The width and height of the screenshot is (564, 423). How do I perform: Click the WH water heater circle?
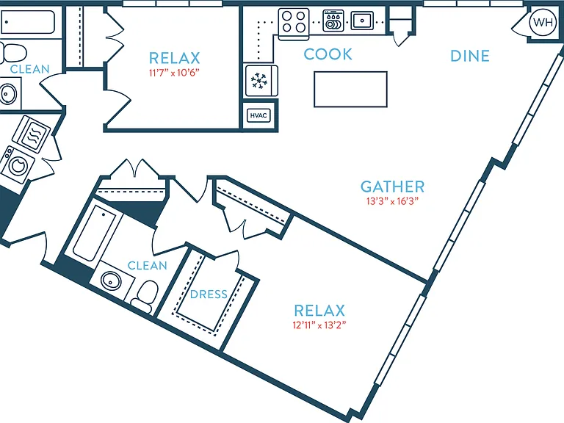(543, 22)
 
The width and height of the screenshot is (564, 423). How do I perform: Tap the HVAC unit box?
(258, 115)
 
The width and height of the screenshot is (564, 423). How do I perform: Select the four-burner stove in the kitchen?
(294, 22)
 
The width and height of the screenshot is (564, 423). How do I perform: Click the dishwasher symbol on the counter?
(333, 21)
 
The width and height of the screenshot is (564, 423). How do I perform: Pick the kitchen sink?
(362, 20)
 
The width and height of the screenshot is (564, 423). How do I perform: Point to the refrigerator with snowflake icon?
(261, 81)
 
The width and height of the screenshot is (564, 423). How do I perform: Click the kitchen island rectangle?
(351, 89)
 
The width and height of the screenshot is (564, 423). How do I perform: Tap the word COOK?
(328, 54)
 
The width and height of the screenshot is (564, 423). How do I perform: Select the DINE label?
(470, 56)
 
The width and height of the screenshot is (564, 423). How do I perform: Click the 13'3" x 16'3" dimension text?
(392, 201)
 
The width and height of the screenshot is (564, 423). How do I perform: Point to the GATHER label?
(392, 187)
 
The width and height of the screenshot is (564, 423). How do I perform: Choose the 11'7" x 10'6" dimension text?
(174, 73)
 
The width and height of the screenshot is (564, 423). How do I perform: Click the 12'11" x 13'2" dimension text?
(319, 325)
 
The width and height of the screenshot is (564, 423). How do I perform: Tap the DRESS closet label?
(209, 294)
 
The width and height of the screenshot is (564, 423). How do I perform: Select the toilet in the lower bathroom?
(145, 296)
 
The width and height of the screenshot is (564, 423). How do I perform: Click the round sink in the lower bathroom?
(111, 281)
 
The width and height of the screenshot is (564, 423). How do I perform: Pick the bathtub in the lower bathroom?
(94, 233)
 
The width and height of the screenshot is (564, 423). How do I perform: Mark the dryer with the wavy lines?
(32, 132)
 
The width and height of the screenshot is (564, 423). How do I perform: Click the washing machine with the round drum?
(18, 164)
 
